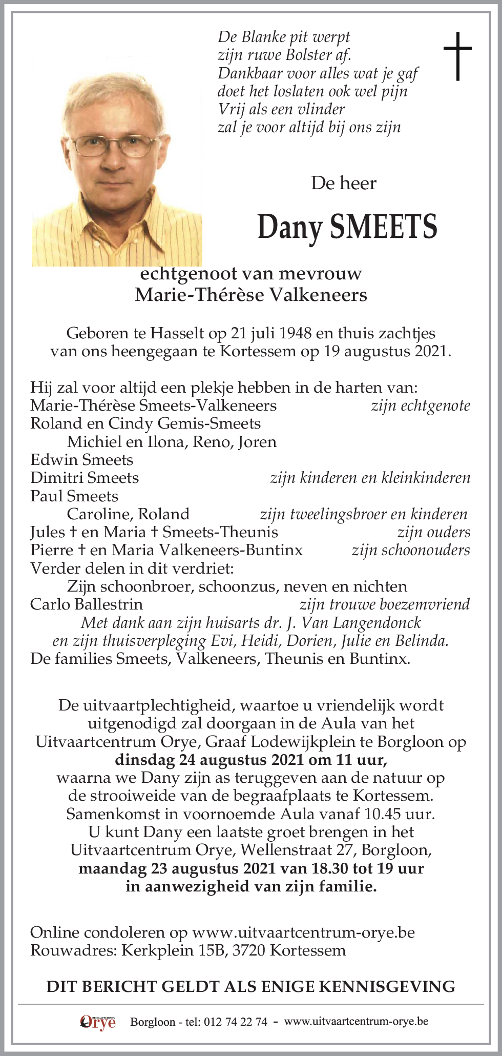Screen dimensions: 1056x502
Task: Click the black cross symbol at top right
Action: tap(457, 56)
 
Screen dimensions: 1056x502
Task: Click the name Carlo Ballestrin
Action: tap(87, 604)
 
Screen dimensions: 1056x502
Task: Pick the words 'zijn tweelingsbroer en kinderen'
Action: tap(364, 514)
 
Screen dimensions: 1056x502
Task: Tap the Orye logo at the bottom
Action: tap(98, 1022)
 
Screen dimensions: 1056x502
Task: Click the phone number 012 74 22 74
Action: tap(235, 1022)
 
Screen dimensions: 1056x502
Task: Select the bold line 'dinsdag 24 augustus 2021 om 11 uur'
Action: tap(251, 760)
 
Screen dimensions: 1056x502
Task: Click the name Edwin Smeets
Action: tap(81, 460)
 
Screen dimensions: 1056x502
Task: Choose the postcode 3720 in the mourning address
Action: tap(248, 950)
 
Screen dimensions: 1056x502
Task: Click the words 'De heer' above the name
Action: tap(344, 183)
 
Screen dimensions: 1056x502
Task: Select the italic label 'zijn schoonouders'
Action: tap(411, 550)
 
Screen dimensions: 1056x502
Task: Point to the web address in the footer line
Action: tap(356, 1022)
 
